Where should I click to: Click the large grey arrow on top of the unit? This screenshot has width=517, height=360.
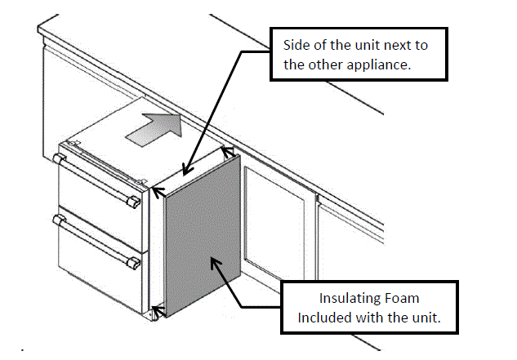click(x=154, y=129)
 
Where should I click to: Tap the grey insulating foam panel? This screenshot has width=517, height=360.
click(x=200, y=245)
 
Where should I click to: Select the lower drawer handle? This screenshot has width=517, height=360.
click(x=94, y=240)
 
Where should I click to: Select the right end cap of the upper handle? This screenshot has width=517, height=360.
click(x=133, y=200)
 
